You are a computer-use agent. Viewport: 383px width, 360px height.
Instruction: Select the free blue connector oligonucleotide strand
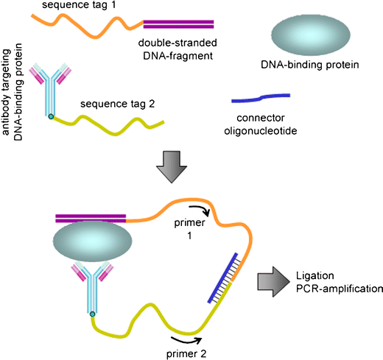point(260,97)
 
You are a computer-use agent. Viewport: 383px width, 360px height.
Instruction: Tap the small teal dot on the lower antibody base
point(93,315)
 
